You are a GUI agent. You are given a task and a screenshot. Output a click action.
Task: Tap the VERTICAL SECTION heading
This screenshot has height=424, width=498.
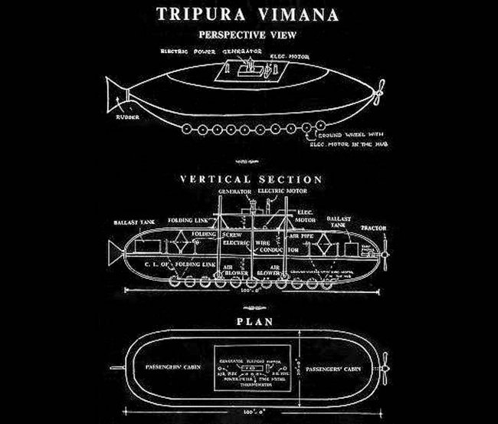[x=251, y=179]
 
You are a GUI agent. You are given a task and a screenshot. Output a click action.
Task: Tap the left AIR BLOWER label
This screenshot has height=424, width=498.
[x=232, y=269]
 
